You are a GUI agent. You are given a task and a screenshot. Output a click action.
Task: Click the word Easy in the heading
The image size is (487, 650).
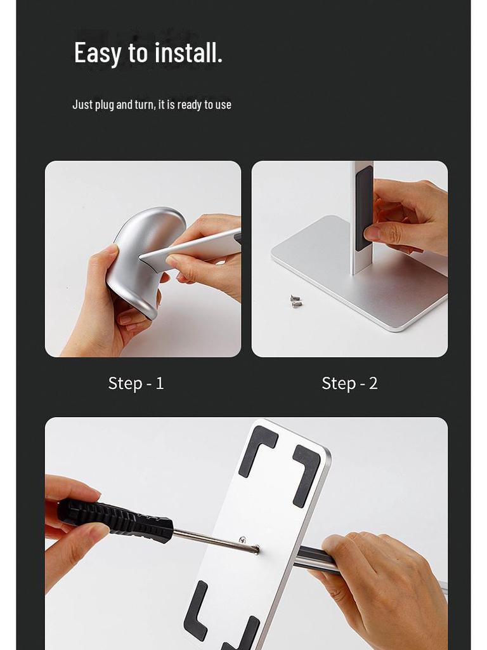(97, 53)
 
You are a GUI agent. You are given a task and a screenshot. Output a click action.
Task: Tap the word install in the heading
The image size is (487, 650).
(186, 53)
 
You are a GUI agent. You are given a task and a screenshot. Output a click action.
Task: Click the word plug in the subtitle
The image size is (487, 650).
(105, 105)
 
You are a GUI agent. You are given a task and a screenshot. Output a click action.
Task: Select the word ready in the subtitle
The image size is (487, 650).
(189, 105)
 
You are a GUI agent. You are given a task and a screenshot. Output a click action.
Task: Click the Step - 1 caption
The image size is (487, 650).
(136, 383)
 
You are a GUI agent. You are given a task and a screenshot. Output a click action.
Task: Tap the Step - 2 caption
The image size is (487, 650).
(349, 383)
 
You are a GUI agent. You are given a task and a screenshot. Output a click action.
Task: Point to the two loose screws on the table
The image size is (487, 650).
(295, 301)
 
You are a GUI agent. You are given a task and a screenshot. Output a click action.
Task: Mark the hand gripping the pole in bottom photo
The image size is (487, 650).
(380, 584)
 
